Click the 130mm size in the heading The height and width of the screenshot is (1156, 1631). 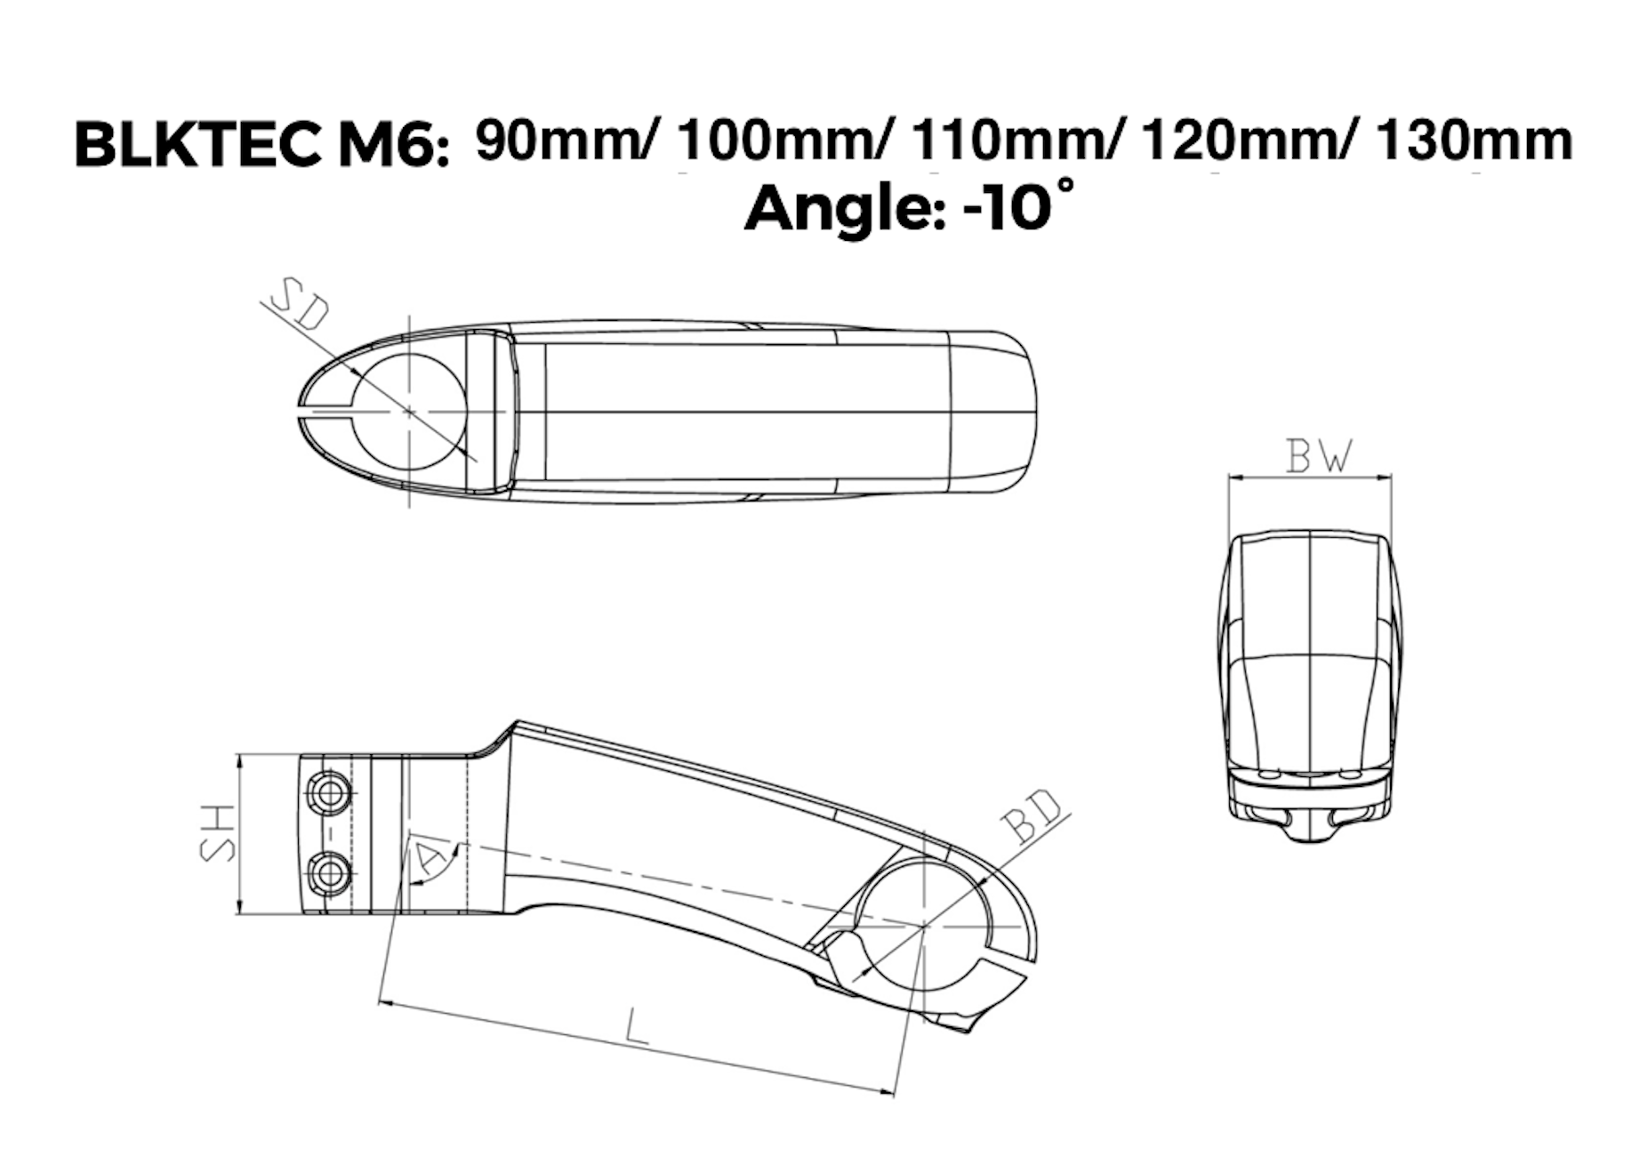[1474, 140]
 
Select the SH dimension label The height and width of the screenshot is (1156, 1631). [217, 833]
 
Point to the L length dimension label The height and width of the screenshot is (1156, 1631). [636, 1026]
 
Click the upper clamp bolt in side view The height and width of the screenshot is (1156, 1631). [328, 791]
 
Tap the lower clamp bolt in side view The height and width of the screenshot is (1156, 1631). [328, 873]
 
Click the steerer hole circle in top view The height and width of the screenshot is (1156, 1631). [409, 412]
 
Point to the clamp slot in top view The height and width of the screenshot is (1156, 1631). [325, 412]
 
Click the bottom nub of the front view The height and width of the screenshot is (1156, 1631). [1309, 831]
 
